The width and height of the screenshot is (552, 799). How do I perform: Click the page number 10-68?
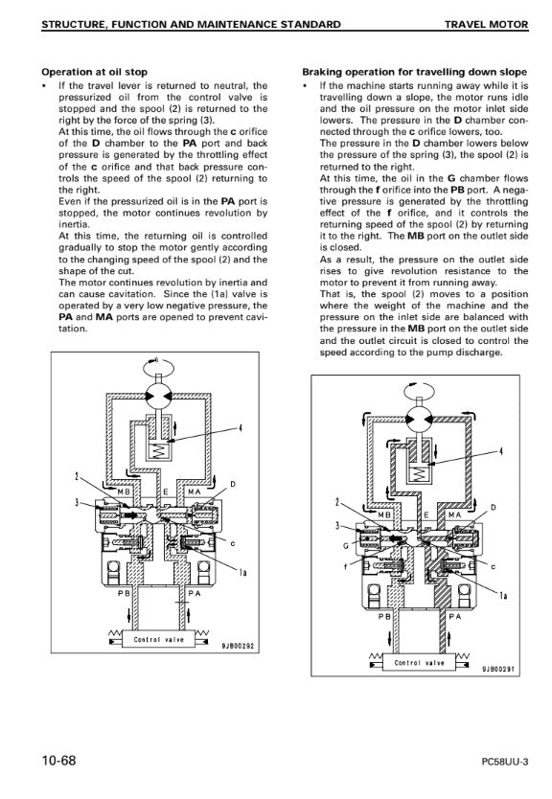[58, 761]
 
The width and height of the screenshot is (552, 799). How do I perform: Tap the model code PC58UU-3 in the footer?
[505, 763]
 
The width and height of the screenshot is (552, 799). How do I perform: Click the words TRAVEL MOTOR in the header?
[486, 24]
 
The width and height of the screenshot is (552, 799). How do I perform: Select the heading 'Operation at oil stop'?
[94, 72]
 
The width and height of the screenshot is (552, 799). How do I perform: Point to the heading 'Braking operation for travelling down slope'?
[414, 72]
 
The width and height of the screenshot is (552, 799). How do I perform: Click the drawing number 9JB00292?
[238, 646]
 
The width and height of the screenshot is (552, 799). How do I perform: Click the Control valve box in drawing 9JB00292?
[159, 640]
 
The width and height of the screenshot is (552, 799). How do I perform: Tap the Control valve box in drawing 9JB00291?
[420, 662]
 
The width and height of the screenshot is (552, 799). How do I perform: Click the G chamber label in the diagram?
[346, 546]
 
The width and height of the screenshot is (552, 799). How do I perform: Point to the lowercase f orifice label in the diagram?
[346, 566]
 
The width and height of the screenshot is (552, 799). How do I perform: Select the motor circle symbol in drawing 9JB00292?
[158, 397]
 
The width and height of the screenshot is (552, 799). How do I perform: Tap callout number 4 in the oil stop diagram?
[241, 428]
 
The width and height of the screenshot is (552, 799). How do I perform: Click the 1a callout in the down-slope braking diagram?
[503, 596]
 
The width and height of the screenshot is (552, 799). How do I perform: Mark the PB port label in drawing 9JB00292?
[125, 593]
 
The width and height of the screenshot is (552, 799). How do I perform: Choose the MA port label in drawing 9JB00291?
[454, 515]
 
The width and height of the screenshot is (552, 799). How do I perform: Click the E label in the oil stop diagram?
[166, 492]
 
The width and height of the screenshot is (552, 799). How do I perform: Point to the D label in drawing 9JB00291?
[493, 507]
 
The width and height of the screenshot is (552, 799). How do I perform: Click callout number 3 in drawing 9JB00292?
[77, 502]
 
